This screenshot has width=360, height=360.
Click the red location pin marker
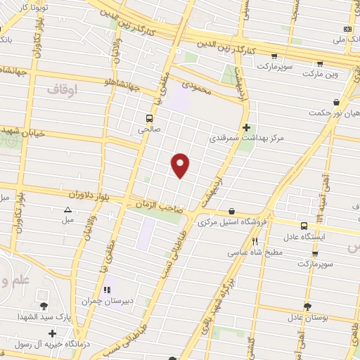point(181,164)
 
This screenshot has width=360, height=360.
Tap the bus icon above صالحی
point(148,118)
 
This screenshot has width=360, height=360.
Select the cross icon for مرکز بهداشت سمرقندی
point(246,127)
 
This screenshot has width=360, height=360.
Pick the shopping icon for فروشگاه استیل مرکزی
point(232,212)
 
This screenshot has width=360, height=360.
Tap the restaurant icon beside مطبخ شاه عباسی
point(255,241)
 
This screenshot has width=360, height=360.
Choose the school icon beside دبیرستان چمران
point(108,289)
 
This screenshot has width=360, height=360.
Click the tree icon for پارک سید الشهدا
point(45,305)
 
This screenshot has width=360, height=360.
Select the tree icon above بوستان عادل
point(307,306)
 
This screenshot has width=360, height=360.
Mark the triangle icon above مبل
point(67,210)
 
